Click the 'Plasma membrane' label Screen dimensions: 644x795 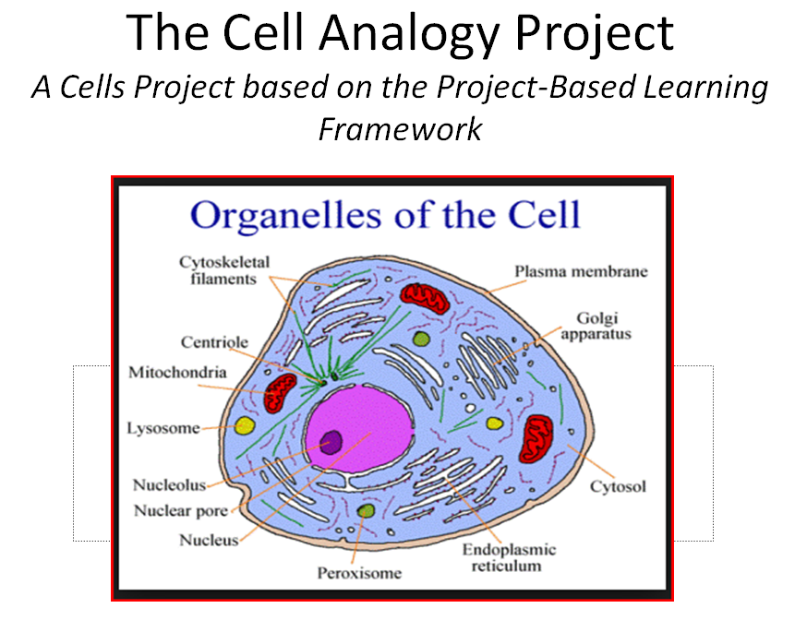click(581, 271)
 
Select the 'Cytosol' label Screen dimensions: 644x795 click(618, 486)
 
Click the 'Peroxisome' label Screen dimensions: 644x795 click(360, 573)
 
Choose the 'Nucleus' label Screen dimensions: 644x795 click(210, 540)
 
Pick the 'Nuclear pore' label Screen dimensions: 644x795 click(181, 511)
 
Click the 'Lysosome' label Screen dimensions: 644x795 click(163, 429)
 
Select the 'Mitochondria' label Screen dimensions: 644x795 click(174, 373)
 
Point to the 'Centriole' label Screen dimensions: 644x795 click(214, 342)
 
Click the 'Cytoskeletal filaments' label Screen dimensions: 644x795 click(218, 270)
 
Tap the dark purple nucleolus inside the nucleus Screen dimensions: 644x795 click(331, 441)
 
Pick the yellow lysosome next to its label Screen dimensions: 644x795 click(245, 425)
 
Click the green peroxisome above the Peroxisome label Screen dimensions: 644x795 click(367, 510)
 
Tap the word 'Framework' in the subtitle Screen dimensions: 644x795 click(399, 128)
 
